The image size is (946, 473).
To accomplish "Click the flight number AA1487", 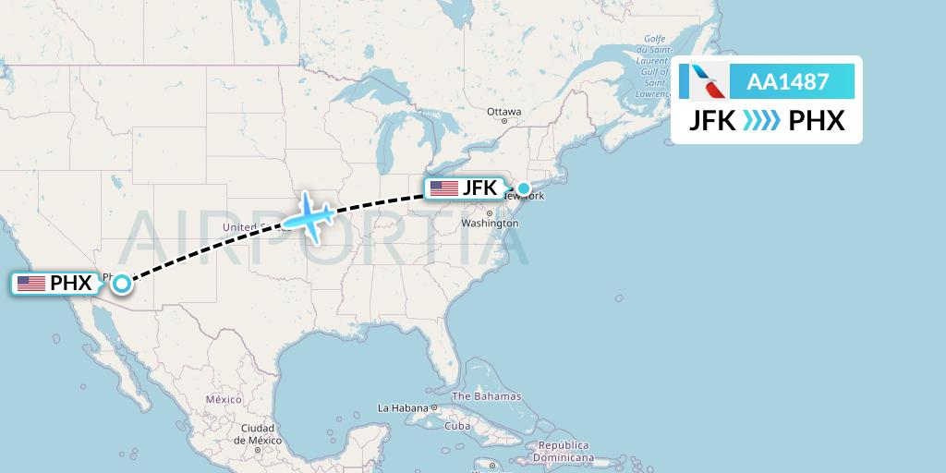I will click(787, 81).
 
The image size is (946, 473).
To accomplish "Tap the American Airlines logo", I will click(704, 81).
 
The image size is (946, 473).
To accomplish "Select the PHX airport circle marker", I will click(121, 284).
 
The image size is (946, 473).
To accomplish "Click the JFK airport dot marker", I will click(524, 189).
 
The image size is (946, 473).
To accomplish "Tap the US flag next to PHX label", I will click(31, 284).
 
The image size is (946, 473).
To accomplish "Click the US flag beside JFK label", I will click(444, 188).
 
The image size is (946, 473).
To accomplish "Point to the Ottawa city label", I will click(504, 112).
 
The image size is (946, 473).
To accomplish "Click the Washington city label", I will click(490, 224).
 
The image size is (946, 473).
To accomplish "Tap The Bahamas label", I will click(486, 396).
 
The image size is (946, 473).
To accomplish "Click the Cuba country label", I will click(457, 426).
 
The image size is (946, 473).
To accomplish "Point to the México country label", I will click(223, 399).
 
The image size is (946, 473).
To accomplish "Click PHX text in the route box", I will click(817, 121).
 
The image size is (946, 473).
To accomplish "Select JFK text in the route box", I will click(712, 121).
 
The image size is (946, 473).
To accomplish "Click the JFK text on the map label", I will click(480, 188).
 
